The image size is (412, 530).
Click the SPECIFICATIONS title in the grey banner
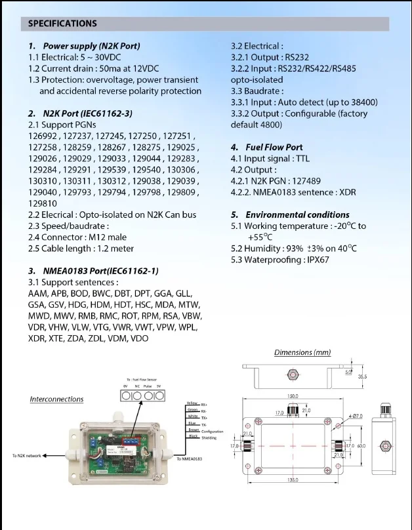point(62,24)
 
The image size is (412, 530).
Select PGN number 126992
point(45,136)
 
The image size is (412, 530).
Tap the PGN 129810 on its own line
point(43,203)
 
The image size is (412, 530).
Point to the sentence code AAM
point(38,293)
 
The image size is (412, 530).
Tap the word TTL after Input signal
point(301,159)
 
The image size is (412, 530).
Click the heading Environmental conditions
point(297,214)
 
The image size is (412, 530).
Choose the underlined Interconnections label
point(56,399)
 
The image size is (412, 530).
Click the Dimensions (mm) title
point(302,352)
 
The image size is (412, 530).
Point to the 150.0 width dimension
point(292,396)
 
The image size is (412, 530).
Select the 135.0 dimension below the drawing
point(293,479)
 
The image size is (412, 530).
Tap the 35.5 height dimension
point(362,377)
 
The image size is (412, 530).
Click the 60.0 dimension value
point(361,446)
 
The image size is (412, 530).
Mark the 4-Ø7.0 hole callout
point(356,416)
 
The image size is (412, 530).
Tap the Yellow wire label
point(192,403)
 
